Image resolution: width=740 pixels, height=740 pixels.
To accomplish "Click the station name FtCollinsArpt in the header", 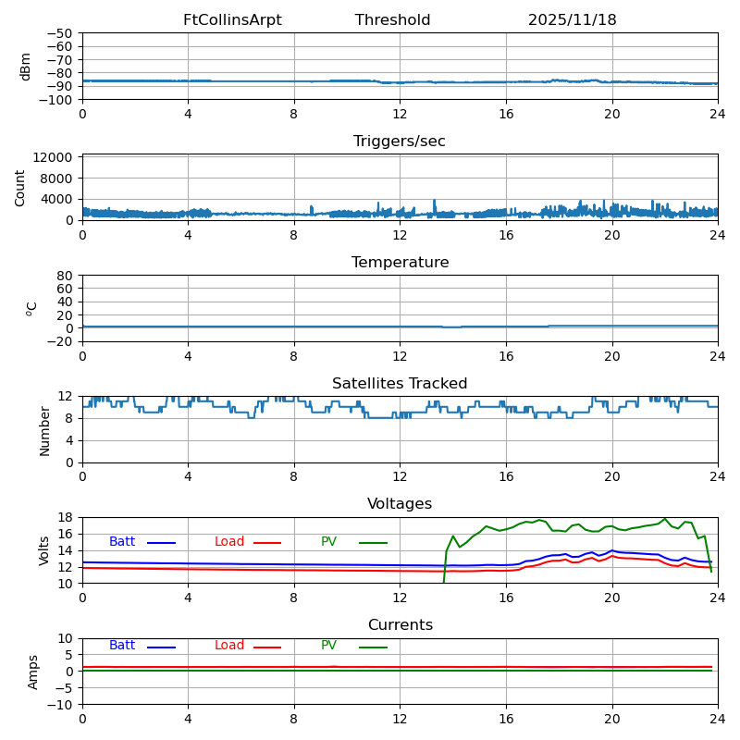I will pyautogui.click(x=232, y=20).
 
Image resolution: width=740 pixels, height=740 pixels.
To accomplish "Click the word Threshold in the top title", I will pyautogui.click(x=392, y=20).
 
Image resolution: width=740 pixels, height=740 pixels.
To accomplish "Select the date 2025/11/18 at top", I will pyautogui.click(x=572, y=20).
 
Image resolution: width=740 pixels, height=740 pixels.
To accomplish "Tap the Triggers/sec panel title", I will pyautogui.click(x=400, y=142).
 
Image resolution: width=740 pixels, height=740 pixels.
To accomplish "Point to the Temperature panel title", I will pyautogui.click(x=400, y=263).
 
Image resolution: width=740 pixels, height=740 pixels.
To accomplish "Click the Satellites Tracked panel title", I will pyautogui.click(x=400, y=384).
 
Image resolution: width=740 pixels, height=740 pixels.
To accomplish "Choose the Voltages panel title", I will pyautogui.click(x=400, y=504).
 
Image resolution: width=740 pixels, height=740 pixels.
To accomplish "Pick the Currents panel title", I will pyautogui.click(x=400, y=625).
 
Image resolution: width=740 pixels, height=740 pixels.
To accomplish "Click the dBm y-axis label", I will pyautogui.click(x=26, y=66).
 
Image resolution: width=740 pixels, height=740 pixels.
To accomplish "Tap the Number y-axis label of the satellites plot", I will pyautogui.click(x=45, y=430).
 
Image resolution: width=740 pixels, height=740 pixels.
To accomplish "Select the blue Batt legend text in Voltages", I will pyautogui.click(x=122, y=542).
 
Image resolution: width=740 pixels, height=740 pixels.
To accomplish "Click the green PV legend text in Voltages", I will pyautogui.click(x=328, y=542).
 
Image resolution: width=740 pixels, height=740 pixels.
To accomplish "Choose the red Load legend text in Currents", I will pyautogui.click(x=229, y=646).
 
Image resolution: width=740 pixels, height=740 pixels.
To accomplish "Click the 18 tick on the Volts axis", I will pyautogui.click(x=67, y=517).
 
